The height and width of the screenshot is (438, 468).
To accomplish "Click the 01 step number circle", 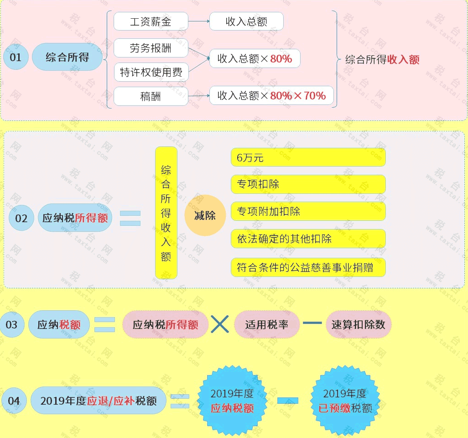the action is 16,57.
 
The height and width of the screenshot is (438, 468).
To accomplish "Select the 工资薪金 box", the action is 151,21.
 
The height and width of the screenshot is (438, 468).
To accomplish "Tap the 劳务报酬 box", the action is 151,48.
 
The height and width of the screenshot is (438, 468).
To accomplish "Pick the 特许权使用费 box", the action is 151,72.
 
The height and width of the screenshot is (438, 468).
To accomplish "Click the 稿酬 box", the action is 151,96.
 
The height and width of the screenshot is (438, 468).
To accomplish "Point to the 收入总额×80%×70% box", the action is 271,95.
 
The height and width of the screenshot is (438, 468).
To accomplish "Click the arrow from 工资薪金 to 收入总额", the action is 199,21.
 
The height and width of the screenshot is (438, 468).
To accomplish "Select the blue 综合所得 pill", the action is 67,57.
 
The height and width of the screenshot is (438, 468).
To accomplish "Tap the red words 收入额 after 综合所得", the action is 403,60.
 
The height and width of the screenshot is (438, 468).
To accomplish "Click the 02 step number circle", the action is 21,218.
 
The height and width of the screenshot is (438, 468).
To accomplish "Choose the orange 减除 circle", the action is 205,215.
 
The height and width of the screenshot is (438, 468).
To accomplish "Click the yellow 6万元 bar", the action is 308,157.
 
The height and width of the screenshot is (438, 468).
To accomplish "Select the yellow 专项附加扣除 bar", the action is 308,211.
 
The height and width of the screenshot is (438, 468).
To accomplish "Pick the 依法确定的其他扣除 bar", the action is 308,239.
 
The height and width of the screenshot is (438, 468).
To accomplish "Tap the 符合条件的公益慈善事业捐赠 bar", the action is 308,267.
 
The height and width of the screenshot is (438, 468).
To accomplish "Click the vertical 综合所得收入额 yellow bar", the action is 166,213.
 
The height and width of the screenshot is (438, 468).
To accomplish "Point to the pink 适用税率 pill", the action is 266,324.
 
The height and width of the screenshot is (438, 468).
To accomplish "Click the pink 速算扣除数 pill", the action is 358,324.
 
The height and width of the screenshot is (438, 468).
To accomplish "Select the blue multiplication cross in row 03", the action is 220,324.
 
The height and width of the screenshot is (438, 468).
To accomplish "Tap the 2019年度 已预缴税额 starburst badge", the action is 345,401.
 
